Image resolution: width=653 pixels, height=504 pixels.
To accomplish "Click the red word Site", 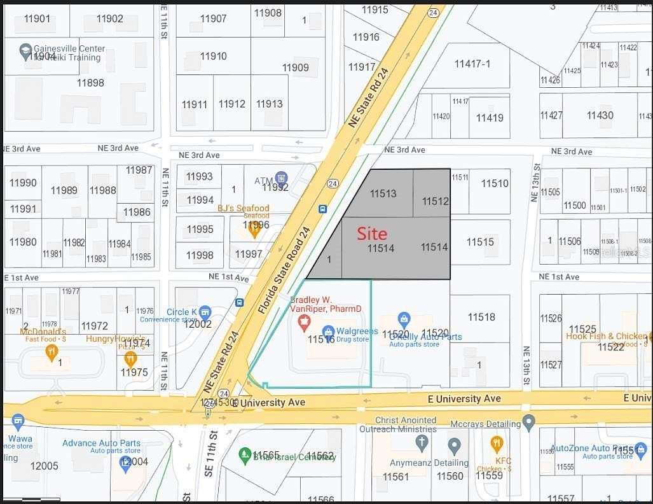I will point(372,234).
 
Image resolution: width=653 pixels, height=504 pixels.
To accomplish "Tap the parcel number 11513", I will point(383,193).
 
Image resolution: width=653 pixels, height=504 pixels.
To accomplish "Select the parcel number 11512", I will point(436,202).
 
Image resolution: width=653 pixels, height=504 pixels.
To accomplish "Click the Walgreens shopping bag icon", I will point(328,331).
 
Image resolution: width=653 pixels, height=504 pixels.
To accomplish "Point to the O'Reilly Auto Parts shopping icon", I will point(403,318).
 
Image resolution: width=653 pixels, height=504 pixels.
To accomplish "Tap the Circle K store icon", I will point(205,312).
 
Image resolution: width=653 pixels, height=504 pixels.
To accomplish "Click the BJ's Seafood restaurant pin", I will point(254,229).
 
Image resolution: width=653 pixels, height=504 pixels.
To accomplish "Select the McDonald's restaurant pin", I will point(51,351).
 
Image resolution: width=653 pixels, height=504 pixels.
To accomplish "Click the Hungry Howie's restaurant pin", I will point(131,358).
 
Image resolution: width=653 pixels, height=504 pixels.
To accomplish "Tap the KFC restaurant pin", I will point(497,444).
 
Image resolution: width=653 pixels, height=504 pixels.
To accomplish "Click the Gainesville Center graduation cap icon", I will point(26,52).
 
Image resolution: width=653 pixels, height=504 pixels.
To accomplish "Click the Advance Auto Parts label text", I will point(101,443).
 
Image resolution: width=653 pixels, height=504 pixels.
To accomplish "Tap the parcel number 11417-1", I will point(472,64).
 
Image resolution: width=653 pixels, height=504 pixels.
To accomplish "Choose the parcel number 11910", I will point(214,56).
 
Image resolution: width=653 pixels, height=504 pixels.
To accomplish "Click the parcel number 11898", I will point(90,83).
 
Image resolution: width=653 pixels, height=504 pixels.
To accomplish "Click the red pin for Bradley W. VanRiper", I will point(304,320).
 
